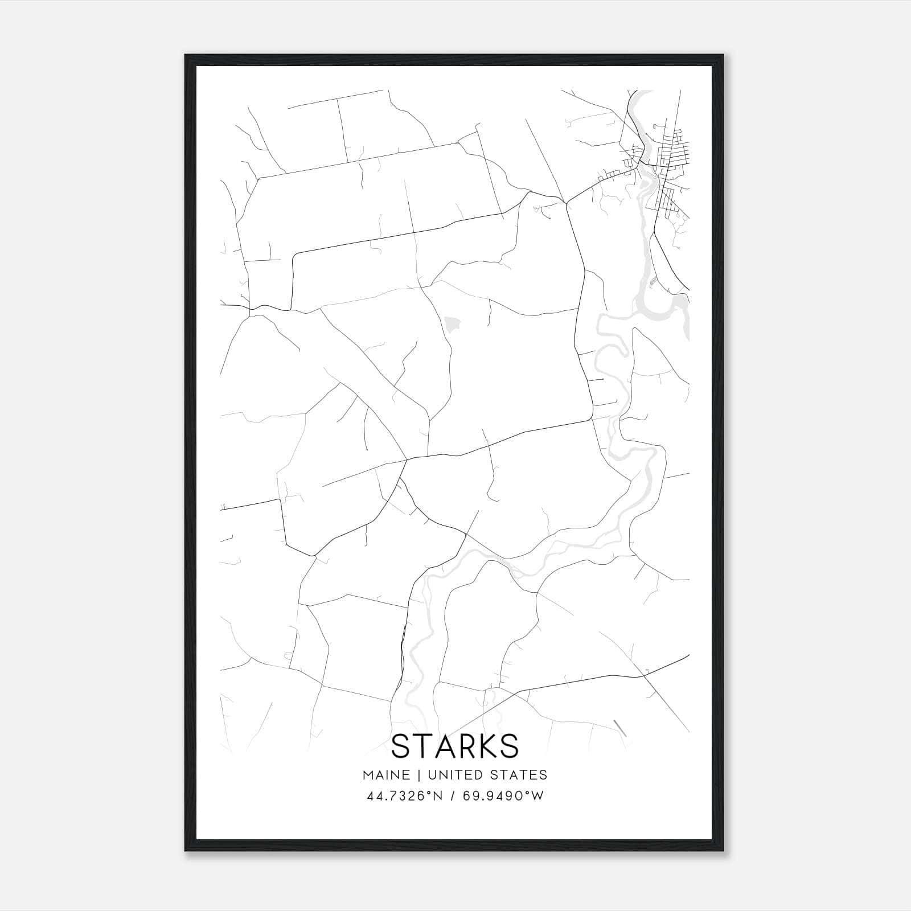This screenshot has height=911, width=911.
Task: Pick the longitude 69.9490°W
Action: pyautogui.click(x=502, y=795)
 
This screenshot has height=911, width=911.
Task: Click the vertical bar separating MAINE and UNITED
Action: pyautogui.click(x=418, y=774)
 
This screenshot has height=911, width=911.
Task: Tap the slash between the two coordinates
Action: pyautogui.click(x=451, y=795)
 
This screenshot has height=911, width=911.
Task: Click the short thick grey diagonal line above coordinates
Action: pyautogui.click(x=619, y=728)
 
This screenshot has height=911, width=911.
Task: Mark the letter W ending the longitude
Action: pyautogui.click(x=537, y=795)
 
